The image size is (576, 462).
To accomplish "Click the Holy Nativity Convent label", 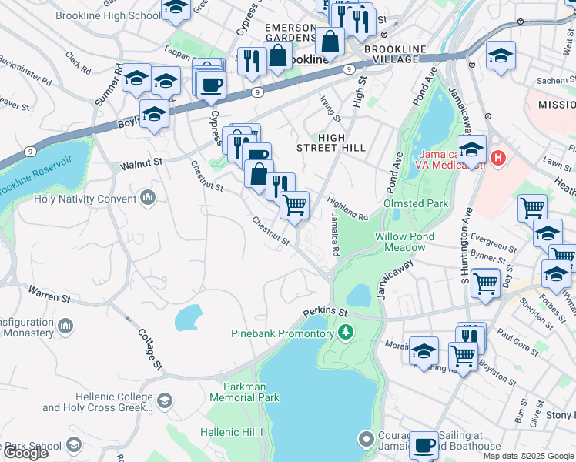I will tap(84, 199).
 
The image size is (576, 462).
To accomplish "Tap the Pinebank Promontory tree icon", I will tap(347, 333).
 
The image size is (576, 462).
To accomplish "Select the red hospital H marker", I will tap(498, 159).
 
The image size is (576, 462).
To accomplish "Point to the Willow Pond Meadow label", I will tap(405, 242).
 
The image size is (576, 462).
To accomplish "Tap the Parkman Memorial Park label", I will tap(240, 391).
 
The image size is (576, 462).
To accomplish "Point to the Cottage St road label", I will tap(151, 350).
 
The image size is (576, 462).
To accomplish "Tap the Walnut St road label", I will tap(142, 163).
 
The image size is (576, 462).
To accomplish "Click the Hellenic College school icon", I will tap(165, 400).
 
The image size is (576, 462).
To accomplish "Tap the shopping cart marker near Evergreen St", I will tap(532, 207).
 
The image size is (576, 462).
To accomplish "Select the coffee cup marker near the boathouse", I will tap(424, 445).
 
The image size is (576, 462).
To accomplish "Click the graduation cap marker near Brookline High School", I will tap(176, 8).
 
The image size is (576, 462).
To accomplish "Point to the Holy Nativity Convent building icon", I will tap(148, 199).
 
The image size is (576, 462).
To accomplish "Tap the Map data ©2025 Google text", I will tap(528, 456).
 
